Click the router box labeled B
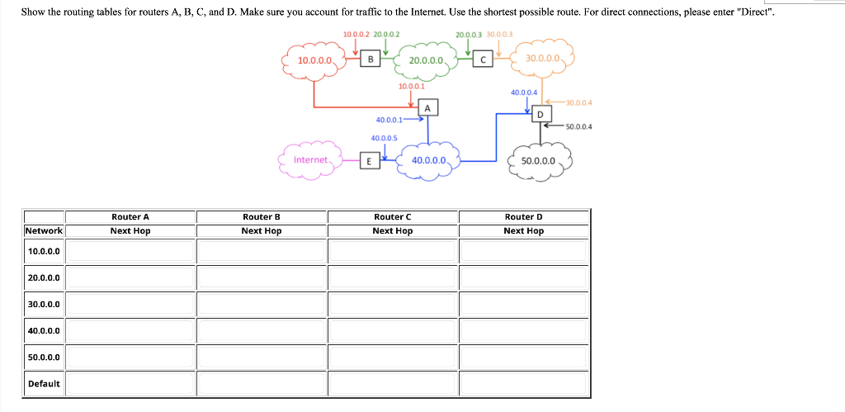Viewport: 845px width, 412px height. [371, 59]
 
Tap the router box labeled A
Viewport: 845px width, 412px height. [427, 108]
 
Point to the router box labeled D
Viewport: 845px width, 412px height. [541, 114]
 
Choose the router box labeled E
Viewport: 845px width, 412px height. [371, 160]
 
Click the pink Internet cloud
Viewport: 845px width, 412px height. [311, 159]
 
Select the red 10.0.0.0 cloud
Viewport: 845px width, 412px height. [315, 60]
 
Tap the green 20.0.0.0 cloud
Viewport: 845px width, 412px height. [427, 60]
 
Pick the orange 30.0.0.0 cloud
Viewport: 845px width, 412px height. [542, 59]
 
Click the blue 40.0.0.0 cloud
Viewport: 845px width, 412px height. [428, 160]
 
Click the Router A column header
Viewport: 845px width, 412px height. [130, 217]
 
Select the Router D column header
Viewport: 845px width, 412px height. [524, 217]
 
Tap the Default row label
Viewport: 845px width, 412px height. [44, 384]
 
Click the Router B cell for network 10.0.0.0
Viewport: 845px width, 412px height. [262, 251]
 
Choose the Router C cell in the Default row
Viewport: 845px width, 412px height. [393, 384]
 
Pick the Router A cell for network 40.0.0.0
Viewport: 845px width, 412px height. [130, 330]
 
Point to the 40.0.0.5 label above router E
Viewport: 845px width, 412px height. [385, 138]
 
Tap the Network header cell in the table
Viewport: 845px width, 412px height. [45, 231]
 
